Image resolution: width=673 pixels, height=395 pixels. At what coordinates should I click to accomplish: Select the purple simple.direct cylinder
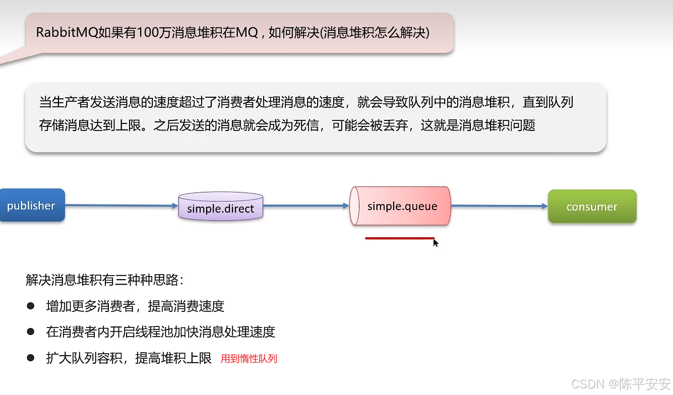click(221, 207)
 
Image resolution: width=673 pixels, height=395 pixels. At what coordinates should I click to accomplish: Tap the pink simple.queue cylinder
click(401, 206)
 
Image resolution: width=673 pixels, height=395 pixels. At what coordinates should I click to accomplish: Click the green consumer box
click(592, 207)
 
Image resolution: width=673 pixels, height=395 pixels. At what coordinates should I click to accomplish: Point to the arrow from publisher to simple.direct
click(121, 205)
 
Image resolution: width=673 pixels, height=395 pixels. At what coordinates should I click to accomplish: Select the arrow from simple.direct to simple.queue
click(306, 206)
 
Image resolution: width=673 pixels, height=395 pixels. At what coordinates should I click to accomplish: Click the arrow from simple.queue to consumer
click(499, 206)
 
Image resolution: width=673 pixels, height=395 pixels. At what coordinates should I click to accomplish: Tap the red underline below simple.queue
click(399, 238)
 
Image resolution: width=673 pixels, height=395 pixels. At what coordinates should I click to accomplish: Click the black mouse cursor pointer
click(435, 242)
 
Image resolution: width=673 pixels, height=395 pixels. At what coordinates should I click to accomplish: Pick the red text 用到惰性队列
click(249, 359)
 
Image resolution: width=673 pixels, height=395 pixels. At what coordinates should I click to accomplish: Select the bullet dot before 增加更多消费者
click(31, 305)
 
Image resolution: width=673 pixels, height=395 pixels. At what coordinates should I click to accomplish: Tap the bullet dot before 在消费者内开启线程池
click(31, 332)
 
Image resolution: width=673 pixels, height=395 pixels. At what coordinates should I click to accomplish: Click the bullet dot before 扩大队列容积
click(31, 358)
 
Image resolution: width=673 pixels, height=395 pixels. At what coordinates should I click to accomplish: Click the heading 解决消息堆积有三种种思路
click(105, 280)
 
